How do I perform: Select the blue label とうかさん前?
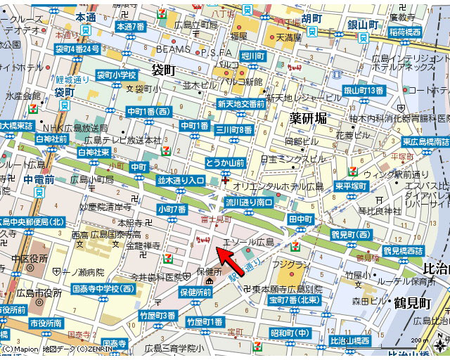pos(225,163)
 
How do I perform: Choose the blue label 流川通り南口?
pos(249,202)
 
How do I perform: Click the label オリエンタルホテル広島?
pos(278,186)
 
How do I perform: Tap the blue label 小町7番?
pos(172,210)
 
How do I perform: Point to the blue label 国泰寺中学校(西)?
pos(103,288)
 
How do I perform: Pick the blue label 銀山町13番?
pos(363,90)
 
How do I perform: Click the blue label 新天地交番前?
pos(240,104)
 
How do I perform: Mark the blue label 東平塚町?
pos(349,186)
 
